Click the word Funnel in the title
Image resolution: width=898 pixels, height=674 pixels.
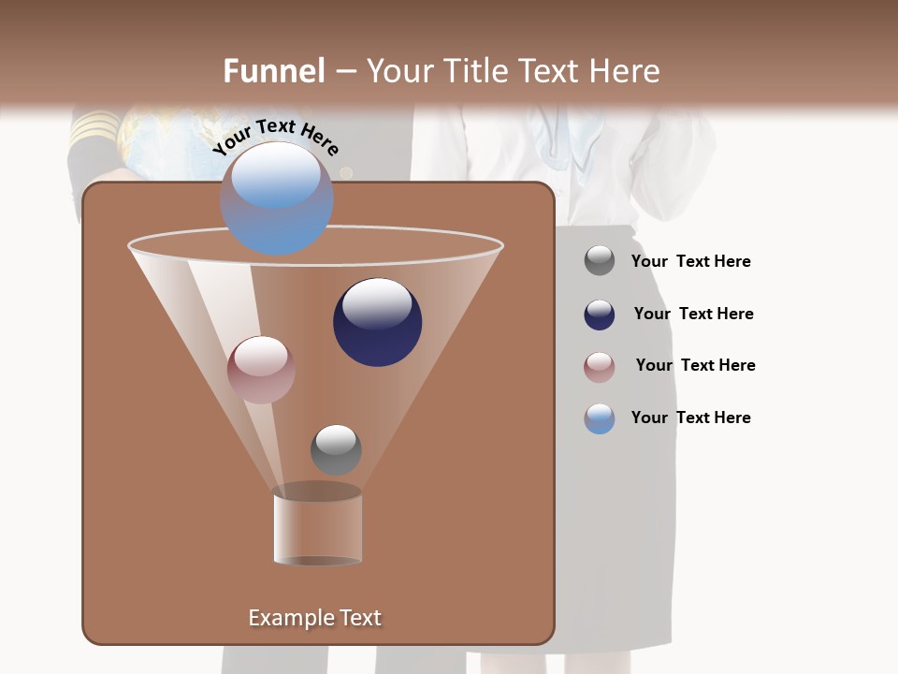point(274,71)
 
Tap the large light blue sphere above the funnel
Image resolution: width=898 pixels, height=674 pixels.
point(276,198)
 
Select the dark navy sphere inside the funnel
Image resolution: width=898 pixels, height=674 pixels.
point(378,322)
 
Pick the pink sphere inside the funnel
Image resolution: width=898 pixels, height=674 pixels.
point(261,370)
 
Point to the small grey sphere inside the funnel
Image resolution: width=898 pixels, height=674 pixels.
point(336,449)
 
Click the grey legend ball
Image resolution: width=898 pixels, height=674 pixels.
point(600,261)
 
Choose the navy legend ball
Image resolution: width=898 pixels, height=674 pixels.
point(600,315)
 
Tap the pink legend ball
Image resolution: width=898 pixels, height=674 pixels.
point(600,367)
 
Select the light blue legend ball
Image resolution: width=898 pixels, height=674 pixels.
point(600,418)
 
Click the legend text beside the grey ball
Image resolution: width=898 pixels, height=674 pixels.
point(690,261)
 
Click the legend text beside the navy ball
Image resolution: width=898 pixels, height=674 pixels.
point(693,314)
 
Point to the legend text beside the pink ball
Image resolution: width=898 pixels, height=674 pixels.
point(695,365)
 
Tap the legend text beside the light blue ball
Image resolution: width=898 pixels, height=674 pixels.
point(690,418)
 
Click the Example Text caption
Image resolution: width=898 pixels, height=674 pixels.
point(314,618)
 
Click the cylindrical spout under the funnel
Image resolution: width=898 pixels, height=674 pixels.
point(317,528)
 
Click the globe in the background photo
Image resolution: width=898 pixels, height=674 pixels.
point(159,140)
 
